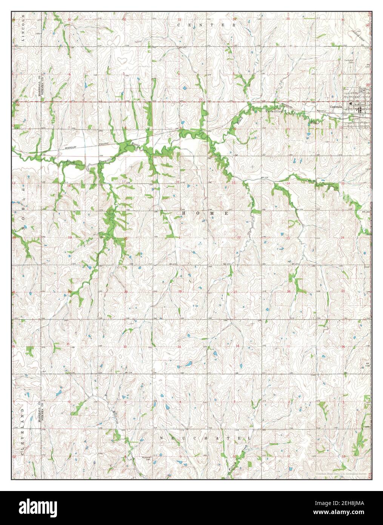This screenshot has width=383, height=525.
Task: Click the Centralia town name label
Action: pos(336,107)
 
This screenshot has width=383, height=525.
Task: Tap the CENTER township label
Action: pos(206,25)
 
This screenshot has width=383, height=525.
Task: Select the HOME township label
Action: pos(205,213)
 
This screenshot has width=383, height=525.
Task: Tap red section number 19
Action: pos(70,237)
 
